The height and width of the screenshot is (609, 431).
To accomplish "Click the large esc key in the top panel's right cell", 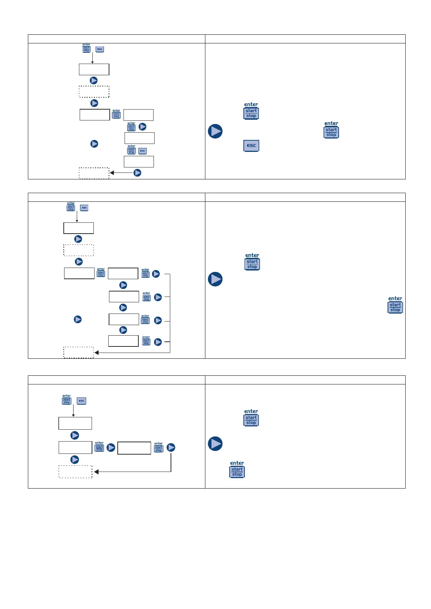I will click(x=251, y=146).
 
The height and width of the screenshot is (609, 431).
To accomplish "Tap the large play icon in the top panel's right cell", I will click(x=215, y=131).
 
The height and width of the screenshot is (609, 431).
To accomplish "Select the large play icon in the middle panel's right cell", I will click(x=215, y=279).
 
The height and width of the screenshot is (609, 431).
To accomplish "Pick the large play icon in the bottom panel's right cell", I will click(x=215, y=444).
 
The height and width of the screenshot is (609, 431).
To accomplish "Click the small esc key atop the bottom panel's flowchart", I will click(x=81, y=401).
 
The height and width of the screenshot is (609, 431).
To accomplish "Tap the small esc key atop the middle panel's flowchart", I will click(x=84, y=208).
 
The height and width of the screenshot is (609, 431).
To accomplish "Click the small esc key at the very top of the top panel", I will click(x=100, y=49).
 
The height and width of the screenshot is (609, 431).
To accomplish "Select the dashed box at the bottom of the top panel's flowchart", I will click(x=94, y=173).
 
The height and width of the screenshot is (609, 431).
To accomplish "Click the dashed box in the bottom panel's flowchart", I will click(x=75, y=472).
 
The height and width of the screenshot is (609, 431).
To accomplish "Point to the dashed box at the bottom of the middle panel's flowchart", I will click(x=79, y=353).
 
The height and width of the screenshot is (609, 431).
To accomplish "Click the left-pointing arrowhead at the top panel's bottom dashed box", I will click(x=112, y=173).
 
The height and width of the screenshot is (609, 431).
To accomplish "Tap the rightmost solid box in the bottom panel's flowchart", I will click(x=134, y=448).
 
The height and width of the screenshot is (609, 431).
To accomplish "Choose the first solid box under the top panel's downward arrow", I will click(x=94, y=69).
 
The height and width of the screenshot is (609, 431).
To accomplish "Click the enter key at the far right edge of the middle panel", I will click(x=395, y=305).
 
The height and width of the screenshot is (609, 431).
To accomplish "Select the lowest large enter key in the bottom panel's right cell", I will click(x=237, y=470).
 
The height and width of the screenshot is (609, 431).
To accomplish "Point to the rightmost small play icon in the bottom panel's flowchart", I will click(x=171, y=448).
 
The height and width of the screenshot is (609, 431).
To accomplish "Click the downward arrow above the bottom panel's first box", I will click(x=74, y=411).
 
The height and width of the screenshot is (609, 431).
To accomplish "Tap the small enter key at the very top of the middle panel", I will click(x=71, y=206).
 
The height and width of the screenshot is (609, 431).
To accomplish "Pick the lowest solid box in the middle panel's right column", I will click(x=124, y=341).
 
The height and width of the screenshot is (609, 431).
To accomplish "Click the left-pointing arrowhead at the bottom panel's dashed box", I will click(x=96, y=472).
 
